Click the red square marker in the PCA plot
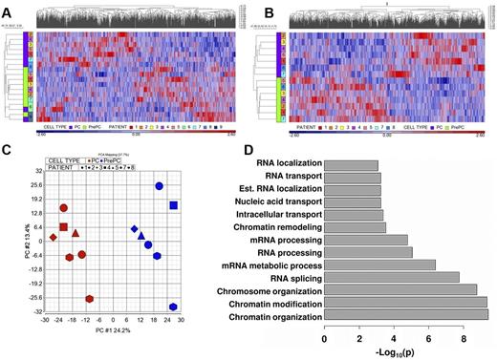click(64, 227)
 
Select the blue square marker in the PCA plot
click(173, 205)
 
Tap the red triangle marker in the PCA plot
click(75, 233)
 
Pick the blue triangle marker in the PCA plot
click(140, 235)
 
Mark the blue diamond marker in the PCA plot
click(135, 228)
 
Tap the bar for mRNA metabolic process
click(379, 265)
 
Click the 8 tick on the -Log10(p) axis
click(464, 338)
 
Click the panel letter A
click(9, 10)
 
